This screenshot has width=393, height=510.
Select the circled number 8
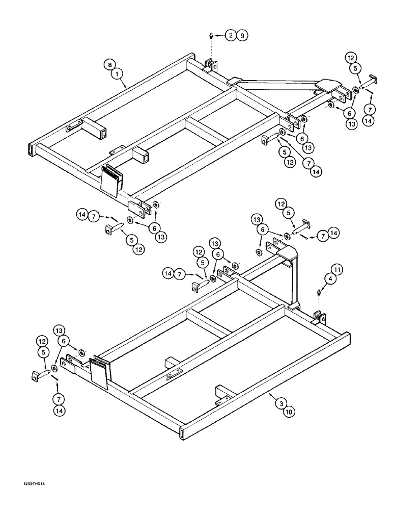[108, 65]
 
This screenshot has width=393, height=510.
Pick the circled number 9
[242, 36]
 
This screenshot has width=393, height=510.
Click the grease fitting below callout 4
[319, 293]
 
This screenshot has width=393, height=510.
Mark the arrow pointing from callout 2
[220, 36]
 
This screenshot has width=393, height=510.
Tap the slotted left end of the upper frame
[31, 149]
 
